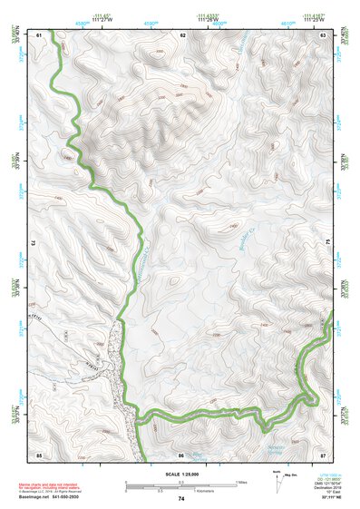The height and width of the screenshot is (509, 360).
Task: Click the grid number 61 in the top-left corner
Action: coord(39,34)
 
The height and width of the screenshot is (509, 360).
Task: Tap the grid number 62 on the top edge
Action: coord(182,34)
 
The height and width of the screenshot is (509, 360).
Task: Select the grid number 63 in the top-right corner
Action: coord(323,34)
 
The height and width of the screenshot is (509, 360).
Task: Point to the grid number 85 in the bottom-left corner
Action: coord(39,454)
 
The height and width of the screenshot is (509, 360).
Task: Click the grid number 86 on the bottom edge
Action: coord(181,454)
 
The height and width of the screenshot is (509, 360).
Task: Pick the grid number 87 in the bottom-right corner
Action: coord(323,454)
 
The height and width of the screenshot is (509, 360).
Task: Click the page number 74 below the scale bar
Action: coord(181,499)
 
